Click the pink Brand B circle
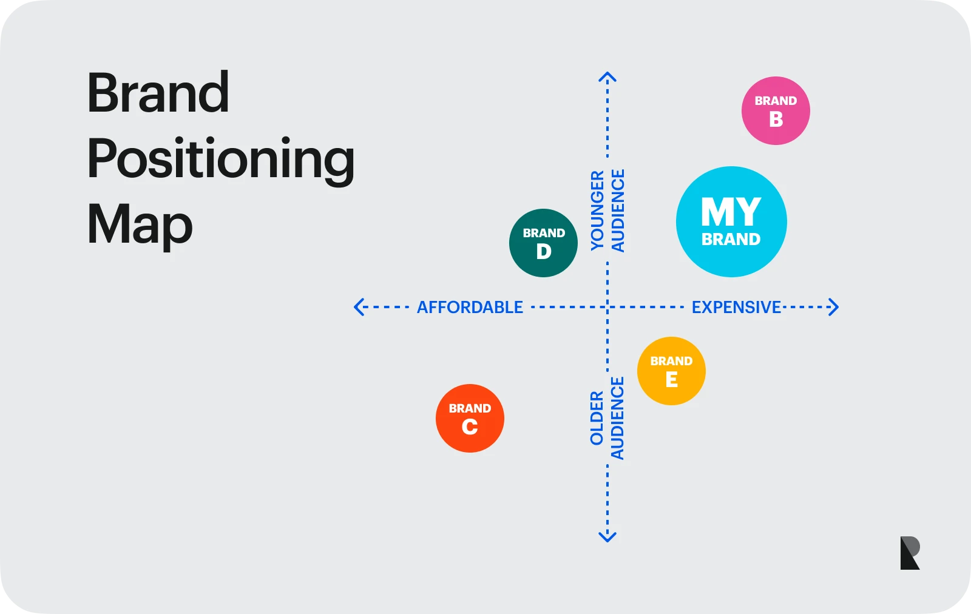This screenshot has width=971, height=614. pyautogui.click(x=776, y=110)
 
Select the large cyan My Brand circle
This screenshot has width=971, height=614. pyautogui.click(x=731, y=221)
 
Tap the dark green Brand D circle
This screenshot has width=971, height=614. pyautogui.click(x=543, y=243)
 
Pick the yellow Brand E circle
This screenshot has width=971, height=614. pyautogui.click(x=671, y=371)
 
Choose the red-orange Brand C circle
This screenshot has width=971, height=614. pyautogui.click(x=470, y=418)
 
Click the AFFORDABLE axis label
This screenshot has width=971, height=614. pyautogui.click(x=470, y=307)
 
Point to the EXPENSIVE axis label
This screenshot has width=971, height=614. pyautogui.click(x=736, y=307)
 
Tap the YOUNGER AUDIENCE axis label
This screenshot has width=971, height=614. pyautogui.click(x=607, y=211)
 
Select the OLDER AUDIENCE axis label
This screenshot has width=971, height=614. pyautogui.click(x=607, y=418)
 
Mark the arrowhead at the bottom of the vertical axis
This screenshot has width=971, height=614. pyautogui.click(x=607, y=537)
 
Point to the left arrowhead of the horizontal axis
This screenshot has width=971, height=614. pyautogui.click(x=358, y=307)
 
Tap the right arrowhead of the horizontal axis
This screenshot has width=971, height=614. pyautogui.click(x=834, y=307)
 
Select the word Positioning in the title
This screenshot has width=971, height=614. pyautogui.click(x=221, y=159)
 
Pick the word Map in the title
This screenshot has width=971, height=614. pyautogui.click(x=140, y=224)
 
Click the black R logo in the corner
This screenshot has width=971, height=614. pyautogui.click(x=910, y=553)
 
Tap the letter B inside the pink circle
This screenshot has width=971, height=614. pyautogui.click(x=776, y=120)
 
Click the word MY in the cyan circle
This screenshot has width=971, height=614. pyautogui.click(x=731, y=212)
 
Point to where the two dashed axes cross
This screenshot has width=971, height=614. pyautogui.click(x=607, y=307)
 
